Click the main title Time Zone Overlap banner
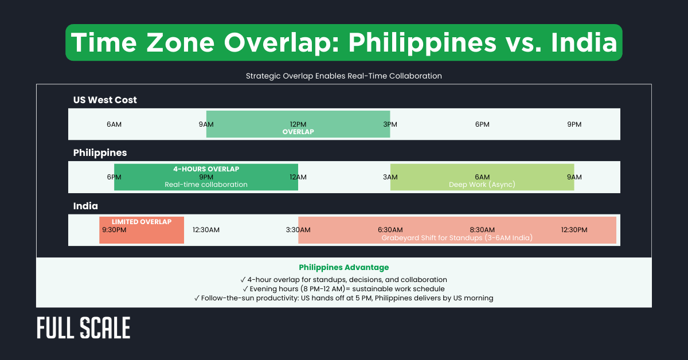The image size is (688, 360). (x=344, y=43)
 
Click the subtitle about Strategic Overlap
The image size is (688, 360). (x=344, y=76)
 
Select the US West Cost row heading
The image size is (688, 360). (x=105, y=100)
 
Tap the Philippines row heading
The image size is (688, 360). (x=100, y=152)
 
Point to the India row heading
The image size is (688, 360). (x=85, y=206)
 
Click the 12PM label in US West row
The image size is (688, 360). (x=298, y=124)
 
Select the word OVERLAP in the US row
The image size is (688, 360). (x=298, y=132)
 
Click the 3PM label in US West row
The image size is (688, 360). (x=390, y=124)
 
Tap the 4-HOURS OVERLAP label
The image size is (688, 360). (x=206, y=169)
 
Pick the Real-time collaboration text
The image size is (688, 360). (x=206, y=185)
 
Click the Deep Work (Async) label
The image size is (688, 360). (x=482, y=185)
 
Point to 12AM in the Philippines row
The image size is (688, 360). (x=298, y=177)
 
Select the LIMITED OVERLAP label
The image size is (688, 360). (x=141, y=221)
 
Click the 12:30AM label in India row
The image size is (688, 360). (x=206, y=230)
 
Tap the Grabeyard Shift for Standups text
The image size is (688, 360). (x=457, y=237)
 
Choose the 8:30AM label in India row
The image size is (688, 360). (x=482, y=230)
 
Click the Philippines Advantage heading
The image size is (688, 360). (x=344, y=267)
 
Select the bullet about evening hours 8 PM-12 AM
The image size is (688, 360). (x=344, y=289)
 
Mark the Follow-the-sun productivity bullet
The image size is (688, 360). (x=344, y=298)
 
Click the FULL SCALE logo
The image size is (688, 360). (x=84, y=328)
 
